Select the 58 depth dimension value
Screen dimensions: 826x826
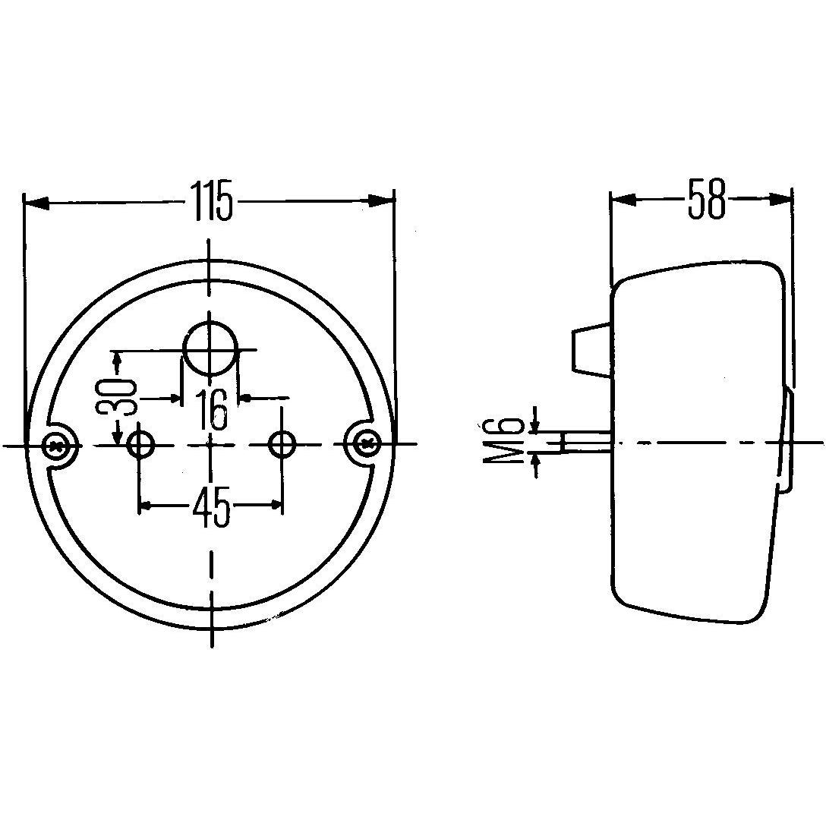pyautogui.click(x=706, y=200)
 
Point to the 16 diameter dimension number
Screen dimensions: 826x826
pyautogui.click(x=210, y=410)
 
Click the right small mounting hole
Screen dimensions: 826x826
pyautogui.click(x=283, y=443)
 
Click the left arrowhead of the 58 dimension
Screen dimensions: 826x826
pyautogui.click(x=623, y=200)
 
